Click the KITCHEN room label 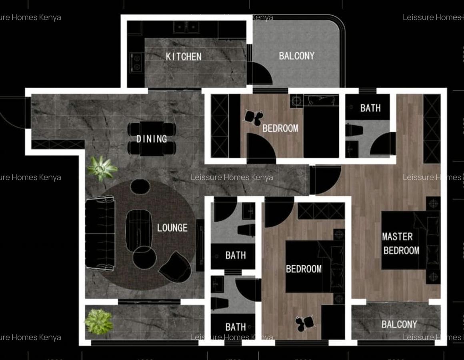184,56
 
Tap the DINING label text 152,139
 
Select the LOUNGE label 172,228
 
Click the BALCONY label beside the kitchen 296,56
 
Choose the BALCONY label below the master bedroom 399,324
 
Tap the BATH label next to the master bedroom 370,108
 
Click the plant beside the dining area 102,168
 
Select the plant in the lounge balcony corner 98,321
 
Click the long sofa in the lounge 100,233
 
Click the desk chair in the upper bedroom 254,117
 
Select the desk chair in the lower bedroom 305,322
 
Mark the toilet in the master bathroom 354,130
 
